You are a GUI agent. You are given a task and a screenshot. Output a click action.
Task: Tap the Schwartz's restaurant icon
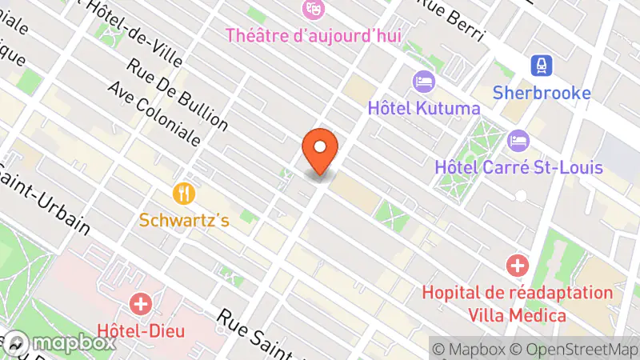pos(185,194)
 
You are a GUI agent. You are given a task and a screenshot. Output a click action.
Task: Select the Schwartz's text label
pos(184,220)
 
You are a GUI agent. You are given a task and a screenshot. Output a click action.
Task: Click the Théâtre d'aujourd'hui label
pos(313,35)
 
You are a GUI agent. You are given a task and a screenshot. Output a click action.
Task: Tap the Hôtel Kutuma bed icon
pos(423,82)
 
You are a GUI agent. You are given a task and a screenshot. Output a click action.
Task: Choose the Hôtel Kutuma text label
pos(424,107)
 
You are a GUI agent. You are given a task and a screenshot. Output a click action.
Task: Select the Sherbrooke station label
pos(542,92)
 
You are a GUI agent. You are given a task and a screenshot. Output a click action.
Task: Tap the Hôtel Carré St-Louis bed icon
pos(518,141)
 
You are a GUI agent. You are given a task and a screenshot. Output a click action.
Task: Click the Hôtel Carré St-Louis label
pos(518,167)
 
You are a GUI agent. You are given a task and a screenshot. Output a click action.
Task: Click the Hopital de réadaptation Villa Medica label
pos(518,304)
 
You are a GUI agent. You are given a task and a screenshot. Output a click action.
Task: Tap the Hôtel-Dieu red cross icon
pos(142,304)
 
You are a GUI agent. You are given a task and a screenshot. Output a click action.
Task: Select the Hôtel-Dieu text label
pos(141,330)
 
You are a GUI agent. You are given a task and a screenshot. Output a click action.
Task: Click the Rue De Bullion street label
pos(177,85)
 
